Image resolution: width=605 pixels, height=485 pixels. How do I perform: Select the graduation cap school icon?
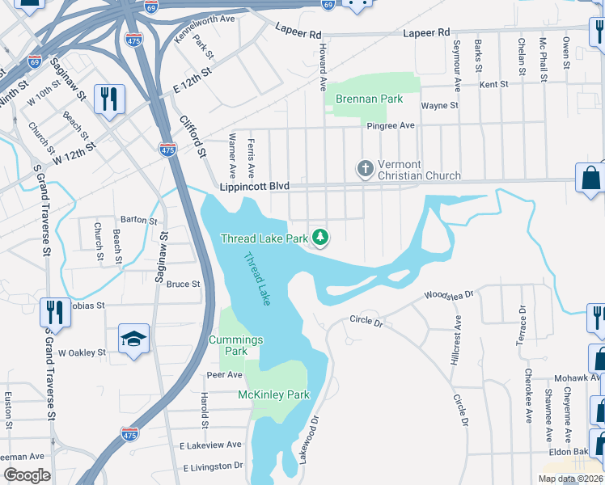(x=133, y=339)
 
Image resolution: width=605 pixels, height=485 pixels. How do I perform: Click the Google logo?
(x=27, y=475)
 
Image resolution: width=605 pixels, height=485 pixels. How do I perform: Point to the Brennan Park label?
(x=369, y=99)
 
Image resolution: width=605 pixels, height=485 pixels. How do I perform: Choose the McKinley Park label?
(x=273, y=394)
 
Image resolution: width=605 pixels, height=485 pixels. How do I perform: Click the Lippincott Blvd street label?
(x=254, y=187)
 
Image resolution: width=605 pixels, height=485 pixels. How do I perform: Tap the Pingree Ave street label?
(x=391, y=125)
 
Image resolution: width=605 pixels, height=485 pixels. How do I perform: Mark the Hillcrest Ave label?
(x=457, y=339)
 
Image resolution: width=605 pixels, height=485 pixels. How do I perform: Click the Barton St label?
(x=138, y=220)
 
